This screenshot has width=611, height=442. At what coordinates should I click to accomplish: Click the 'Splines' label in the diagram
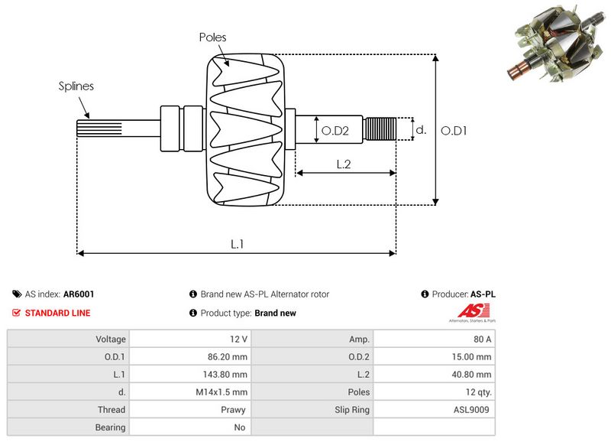coord(76,86)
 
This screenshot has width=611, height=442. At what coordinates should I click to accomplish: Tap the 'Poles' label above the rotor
coord(212,37)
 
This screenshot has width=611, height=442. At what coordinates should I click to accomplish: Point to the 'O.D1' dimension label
coord(454,131)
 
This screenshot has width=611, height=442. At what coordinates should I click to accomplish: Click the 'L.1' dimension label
coord(238,244)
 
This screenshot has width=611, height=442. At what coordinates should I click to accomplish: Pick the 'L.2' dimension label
coord(344,163)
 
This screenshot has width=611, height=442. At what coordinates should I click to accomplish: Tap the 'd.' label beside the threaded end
coord(420,130)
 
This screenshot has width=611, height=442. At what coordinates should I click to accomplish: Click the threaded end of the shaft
coord(380,129)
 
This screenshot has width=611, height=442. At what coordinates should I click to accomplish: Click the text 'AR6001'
coord(79,294)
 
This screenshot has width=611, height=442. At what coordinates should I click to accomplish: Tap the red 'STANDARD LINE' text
coord(57,313)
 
